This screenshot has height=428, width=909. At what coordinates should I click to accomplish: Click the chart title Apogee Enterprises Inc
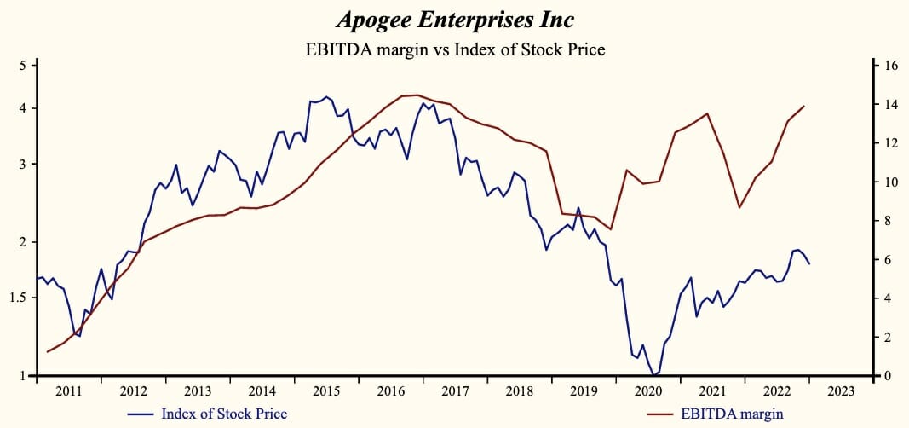(455, 20)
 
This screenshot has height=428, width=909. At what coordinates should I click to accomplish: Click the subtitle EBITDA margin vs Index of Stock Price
(455, 49)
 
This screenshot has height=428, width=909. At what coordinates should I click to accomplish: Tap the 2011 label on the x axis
(69, 391)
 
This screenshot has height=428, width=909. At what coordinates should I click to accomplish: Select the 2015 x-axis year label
(326, 391)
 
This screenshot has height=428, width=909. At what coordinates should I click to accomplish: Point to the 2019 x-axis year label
(584, 391)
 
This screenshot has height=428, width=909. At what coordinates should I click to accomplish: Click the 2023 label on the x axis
(841, 391)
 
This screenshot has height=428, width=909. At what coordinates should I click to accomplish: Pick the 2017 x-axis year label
(455, 391)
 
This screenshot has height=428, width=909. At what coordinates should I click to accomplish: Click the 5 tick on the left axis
(24, 66)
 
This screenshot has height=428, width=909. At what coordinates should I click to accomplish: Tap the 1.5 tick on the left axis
(20, 298)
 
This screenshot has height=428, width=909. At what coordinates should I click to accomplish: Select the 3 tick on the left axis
(24, 164)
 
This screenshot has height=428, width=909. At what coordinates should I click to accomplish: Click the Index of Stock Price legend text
(223, 414)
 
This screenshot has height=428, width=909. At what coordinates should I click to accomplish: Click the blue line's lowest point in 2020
(653, 375)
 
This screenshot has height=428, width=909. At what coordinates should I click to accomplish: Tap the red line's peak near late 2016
(416, 95)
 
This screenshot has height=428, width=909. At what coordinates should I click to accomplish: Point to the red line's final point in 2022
(804, 106)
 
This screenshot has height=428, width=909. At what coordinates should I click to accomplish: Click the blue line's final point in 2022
(808, 264)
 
